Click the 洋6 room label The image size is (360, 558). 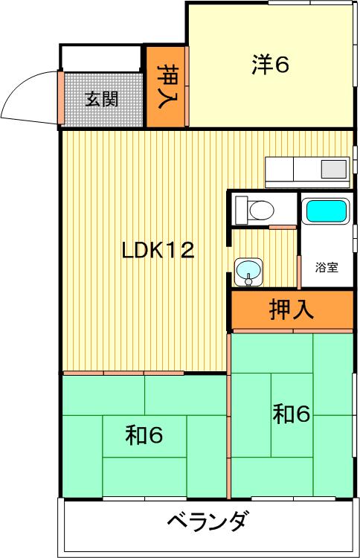click(x=270, y=65)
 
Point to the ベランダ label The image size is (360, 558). click(x=207, y=521)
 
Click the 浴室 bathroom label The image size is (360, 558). click(x=327, y=267)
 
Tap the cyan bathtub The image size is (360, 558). click(x=326, y=211)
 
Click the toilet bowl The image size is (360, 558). click(x=262, y=210)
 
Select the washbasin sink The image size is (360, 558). click(x=248, y=270)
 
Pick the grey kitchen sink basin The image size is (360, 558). click(x=334, y=170)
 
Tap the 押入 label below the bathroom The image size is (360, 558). click(x=292, y=310)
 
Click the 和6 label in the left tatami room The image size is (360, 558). click(x=144, y=435)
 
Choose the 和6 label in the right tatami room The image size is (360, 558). click(x=292, y=414)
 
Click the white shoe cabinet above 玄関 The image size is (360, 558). click(x=101, y=58)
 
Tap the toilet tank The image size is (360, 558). click(x=242, y=211)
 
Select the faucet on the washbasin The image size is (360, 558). click(x=248, y=280)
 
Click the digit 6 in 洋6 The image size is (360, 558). click(x=281, y=65)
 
